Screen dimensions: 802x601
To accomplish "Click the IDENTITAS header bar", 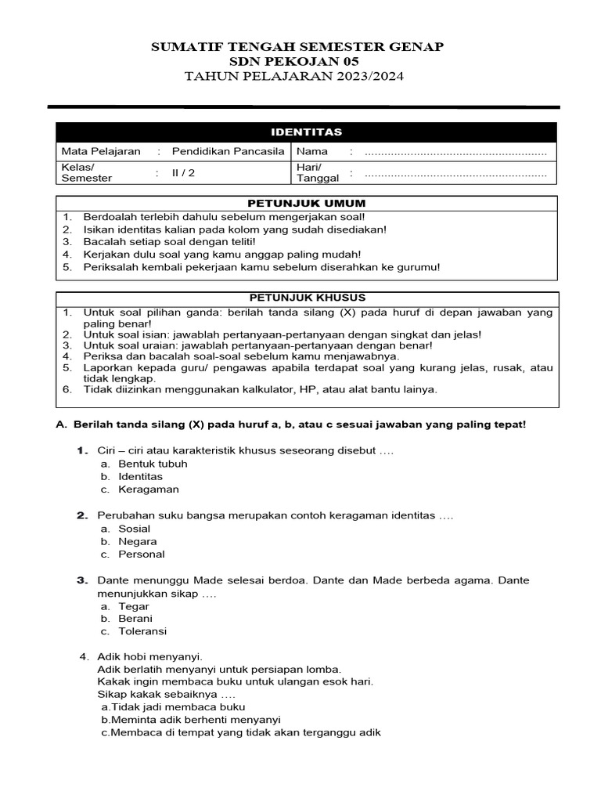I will point(306,132).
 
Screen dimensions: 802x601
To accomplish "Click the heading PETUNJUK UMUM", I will point(306,204).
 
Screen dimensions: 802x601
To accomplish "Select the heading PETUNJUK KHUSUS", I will point(306,298).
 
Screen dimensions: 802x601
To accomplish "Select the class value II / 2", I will point(184,174).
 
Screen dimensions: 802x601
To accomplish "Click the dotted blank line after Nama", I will point(455,152).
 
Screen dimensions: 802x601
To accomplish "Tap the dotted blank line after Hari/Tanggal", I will point(455,174).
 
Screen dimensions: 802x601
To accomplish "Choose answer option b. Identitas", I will point(140,476).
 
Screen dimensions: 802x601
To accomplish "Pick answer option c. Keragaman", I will point(148,490).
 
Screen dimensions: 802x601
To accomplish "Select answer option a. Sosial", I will point(134,529).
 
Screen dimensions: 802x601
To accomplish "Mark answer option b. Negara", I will point(137,541).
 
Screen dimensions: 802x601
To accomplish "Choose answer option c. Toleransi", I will point(142,631).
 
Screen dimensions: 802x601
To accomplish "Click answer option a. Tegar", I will point(133,606).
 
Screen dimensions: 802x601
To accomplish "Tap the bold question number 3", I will point(81,580).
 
